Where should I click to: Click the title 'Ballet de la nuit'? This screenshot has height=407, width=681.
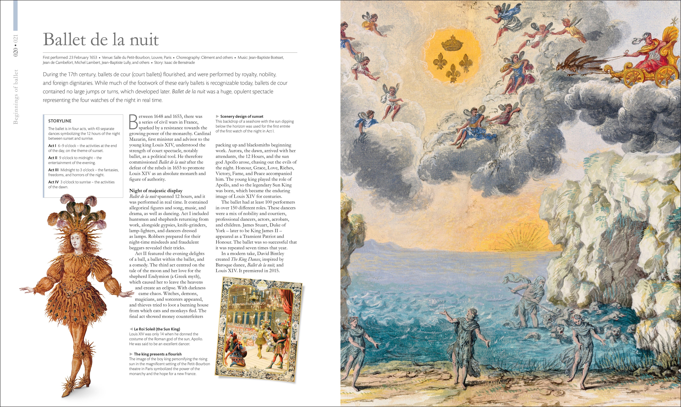[x=101, y=40]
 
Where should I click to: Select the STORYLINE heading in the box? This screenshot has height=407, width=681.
[x=60, y=121]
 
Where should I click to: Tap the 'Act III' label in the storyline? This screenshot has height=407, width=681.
[x=54, y=170]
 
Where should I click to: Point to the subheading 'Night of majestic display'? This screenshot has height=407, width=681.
[x=156, y=191]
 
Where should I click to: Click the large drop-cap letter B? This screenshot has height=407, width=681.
[x=133, y=122]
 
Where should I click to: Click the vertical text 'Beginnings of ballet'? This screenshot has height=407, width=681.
[x=16, y=96]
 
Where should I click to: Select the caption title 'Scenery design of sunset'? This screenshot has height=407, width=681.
[x=242, y=117]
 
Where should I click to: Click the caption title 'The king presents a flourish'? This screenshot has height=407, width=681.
[x=158, y=354]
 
